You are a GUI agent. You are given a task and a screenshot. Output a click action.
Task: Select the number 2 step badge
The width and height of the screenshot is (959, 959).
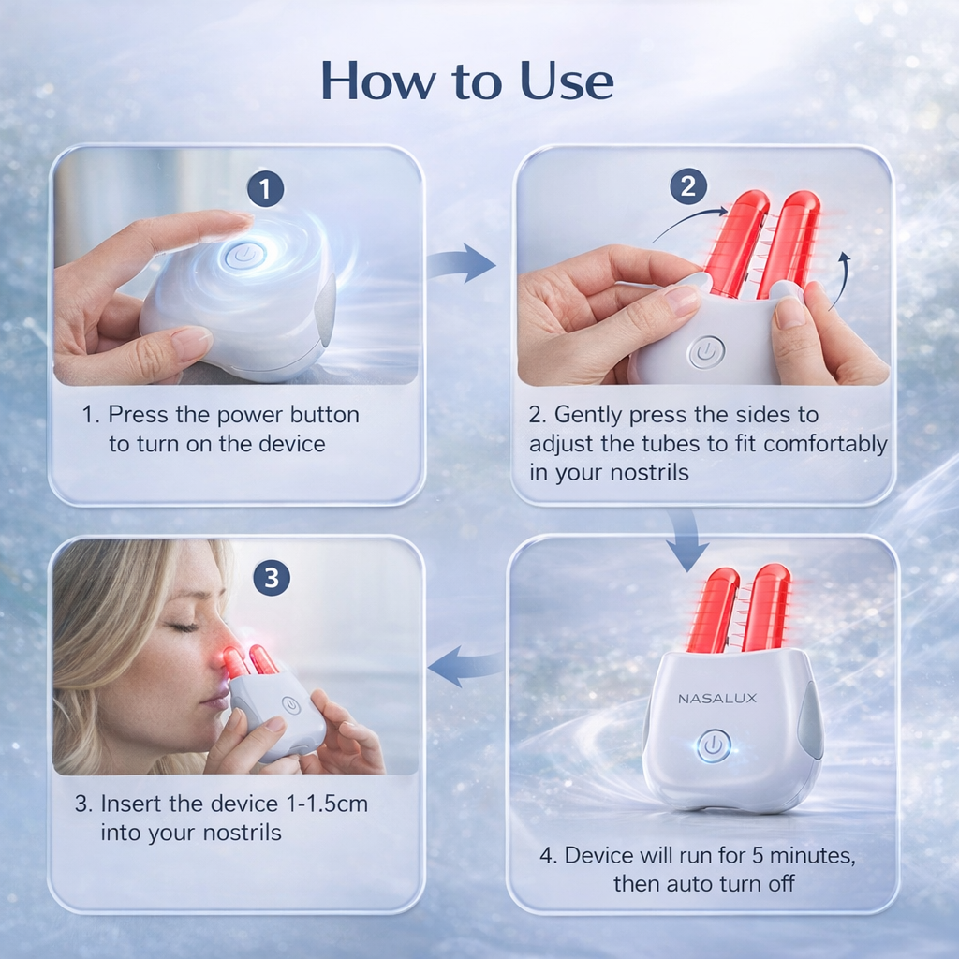[x=688, y=186]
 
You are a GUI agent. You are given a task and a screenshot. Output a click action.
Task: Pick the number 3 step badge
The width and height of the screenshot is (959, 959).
[x=271, y=578]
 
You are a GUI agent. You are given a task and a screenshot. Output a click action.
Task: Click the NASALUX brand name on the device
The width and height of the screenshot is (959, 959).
[x=717, y=698]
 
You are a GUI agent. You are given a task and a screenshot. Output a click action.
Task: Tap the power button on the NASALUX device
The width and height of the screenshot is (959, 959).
[x=714, y=745]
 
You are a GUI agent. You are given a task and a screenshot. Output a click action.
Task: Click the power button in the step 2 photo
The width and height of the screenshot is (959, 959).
[x=705, y=353]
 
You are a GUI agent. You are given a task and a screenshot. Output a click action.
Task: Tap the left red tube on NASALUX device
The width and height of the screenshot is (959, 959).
[x=712, y=609]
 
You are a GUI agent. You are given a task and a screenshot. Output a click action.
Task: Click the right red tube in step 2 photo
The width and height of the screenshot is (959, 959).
[x=789, y=242]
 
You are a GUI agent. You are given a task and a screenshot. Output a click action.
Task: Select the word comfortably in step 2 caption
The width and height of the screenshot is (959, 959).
[x=825, y=443]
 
